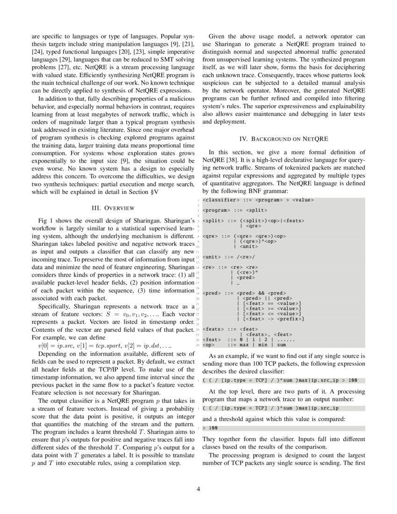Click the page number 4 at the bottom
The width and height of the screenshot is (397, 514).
coord(198,489)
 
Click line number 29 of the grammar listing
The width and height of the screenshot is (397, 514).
coord(198,345)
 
